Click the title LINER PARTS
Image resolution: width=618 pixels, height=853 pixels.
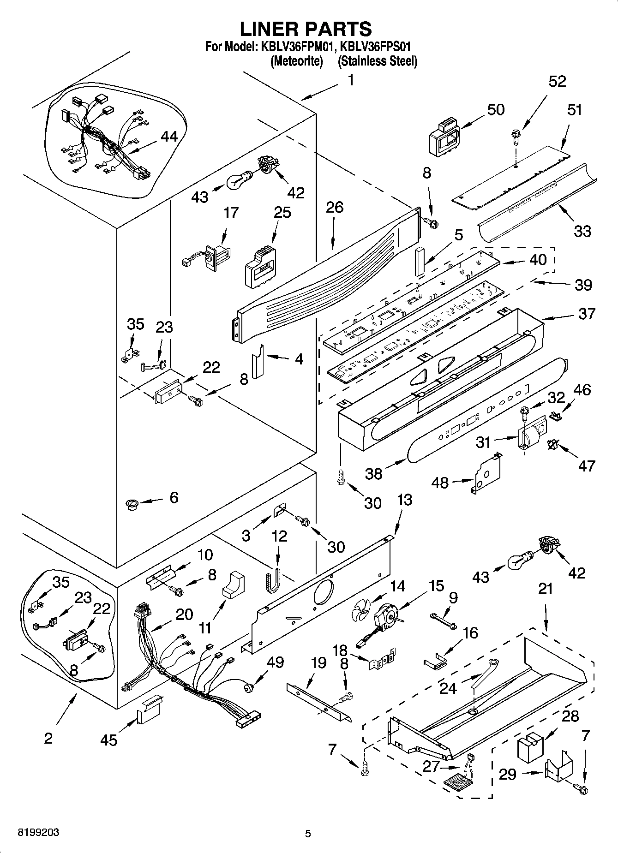pyautogui.click(x=306, y=29)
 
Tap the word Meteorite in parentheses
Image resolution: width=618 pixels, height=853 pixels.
pyautogui.click(x=296, y=61)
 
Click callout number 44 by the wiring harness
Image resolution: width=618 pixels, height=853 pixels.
pyautogui.click(x=169, y=137)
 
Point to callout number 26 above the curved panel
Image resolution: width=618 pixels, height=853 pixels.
pyautogui.click(x=334, y=207)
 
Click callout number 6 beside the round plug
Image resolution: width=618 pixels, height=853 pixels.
pyautogui.click(x=174, y=497)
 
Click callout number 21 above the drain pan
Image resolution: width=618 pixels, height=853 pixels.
pyautogui.click(x=546, y=589)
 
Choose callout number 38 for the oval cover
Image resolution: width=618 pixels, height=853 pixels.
pyautogui.click(x=374, y=473)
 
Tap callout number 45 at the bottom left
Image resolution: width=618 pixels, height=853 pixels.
pyautogui.click(x=109, y=740)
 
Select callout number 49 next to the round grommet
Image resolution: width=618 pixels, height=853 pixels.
pyautogui.click(x=275, y=662)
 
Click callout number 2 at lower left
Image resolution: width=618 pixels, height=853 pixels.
pyautogui.click(x=48, y=738)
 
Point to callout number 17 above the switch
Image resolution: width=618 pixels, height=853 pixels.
pyautogui.click(x=231, y=213)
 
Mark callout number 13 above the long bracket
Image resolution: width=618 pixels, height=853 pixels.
pyautogui.click(x=404, y=500)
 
